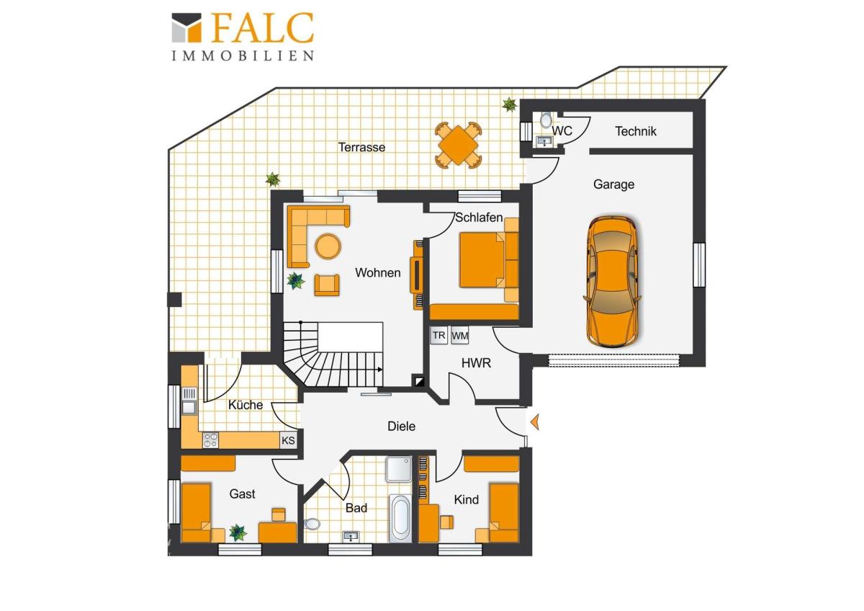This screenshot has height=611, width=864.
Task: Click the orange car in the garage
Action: (x=612, y=281)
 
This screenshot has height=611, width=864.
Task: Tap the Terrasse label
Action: (x=361, y=147)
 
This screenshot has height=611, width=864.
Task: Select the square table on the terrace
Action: (x=458, y=145)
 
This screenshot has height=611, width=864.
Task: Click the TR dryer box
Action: (x=438, y=335)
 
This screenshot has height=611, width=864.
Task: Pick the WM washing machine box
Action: (x=459, y=336)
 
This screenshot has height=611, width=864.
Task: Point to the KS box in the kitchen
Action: (x=288, y=440)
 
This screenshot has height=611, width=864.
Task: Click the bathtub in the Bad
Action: (x=401, y=518)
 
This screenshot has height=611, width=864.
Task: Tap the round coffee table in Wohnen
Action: (x=328, y=246)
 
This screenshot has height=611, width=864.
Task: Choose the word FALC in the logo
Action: (x=262, y=27)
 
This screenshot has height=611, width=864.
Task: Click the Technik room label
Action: (x=635, y=131)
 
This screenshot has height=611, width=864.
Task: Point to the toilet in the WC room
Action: (x=546, y=120)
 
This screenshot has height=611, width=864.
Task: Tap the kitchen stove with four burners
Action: (x=210, y=440)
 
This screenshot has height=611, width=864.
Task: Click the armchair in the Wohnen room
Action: (x=327, y=285)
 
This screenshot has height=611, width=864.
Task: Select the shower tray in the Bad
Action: (x=399, y=469)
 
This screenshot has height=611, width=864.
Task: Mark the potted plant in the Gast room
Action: (x=238, y=532)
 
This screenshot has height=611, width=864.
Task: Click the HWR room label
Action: (x=476, y=363)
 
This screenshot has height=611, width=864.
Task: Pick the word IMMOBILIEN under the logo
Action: (x=243, y=56)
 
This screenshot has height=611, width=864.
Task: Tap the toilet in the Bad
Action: (x=312, y=524)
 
